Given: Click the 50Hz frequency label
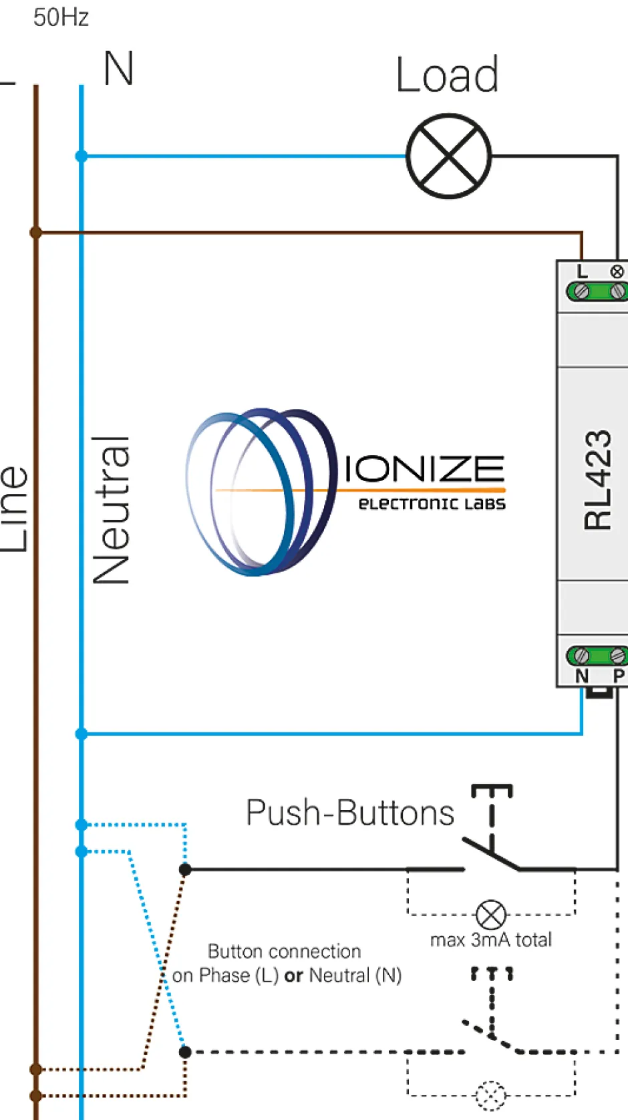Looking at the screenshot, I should (61, 17).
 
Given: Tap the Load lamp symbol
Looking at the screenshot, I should (449, 156).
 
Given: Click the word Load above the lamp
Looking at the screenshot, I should (447, 75).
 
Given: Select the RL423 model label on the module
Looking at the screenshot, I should (597, 480).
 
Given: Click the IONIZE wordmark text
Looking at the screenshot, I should (424, 469).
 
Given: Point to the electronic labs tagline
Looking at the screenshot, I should (432, 504).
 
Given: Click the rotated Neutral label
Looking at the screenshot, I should (111, 511).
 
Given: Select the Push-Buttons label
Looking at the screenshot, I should (350, 813).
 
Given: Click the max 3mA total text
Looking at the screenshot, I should (491, 940).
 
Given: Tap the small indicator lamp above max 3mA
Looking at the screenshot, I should (491, 914).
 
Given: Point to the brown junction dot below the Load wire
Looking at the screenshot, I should (36, 233).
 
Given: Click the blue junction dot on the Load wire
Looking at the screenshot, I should (82, 156).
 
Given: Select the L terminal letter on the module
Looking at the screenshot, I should (583, 271).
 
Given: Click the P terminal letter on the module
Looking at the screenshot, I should (619, 676).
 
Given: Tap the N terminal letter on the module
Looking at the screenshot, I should (582, 676).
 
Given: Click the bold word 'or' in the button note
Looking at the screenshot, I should (293, 976).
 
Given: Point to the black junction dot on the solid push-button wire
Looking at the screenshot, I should (186, 869).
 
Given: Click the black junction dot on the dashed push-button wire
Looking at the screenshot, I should (186, 1052).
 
